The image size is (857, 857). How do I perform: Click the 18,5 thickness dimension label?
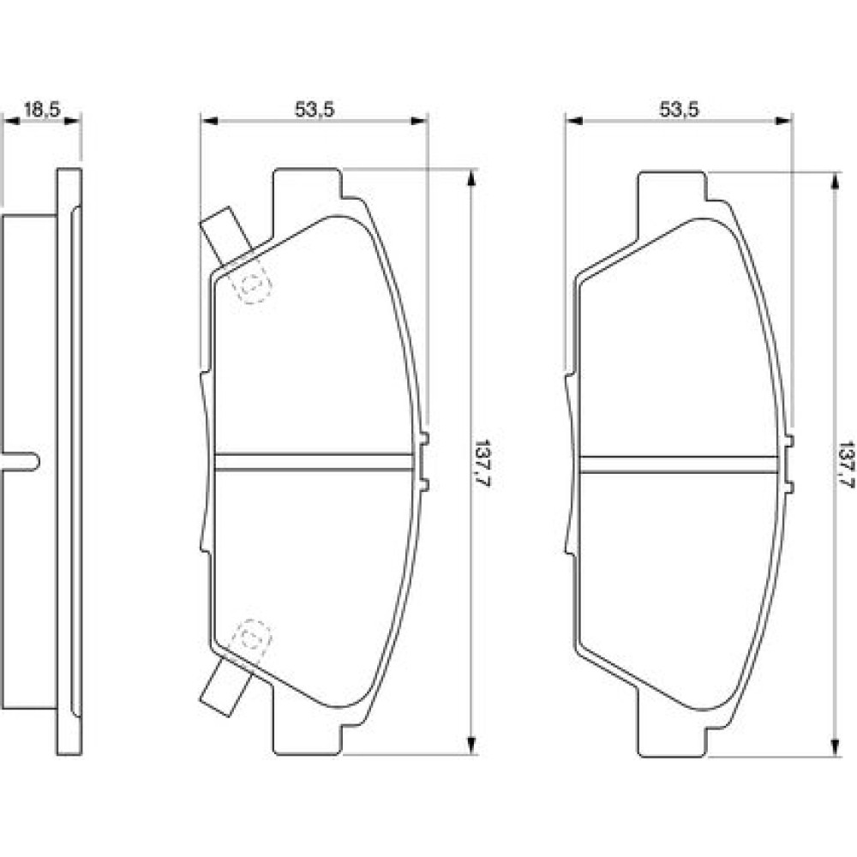click(x=40, y=110)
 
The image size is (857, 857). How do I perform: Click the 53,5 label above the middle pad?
click(x=315, y=110)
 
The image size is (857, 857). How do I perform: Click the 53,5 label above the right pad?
click(x=679, y=110)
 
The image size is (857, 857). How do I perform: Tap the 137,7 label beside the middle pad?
click(x=481, y=463)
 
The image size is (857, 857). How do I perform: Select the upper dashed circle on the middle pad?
click(x=251, y=284)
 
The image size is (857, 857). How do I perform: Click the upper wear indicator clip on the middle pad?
click(x=226, y=236)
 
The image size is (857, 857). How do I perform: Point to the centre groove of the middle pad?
click(x=314, y=462)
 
